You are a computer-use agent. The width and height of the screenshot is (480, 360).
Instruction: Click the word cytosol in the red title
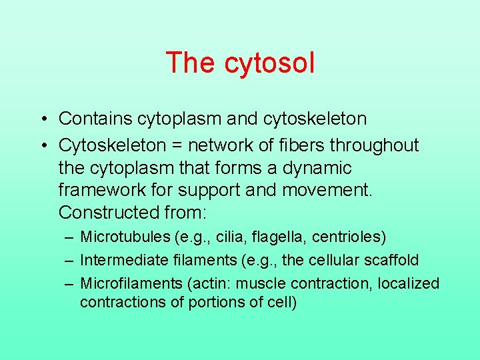point(269,63)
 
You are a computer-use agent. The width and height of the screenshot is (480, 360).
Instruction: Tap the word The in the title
point(190,63)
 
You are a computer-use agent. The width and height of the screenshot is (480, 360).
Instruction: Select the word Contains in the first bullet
point(95,119)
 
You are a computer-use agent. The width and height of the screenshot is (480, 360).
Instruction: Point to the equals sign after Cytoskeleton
point(177,145)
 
